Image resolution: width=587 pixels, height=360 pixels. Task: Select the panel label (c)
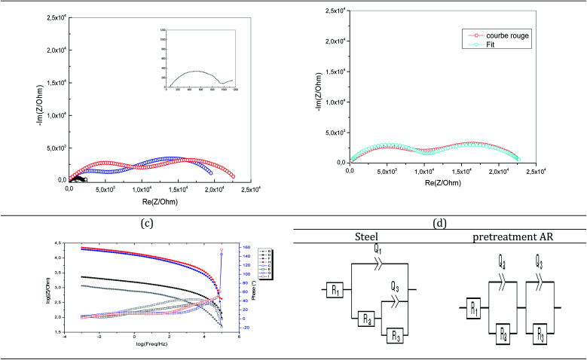tap(145, 222)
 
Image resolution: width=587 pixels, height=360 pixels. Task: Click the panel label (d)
tap(439, 222)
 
